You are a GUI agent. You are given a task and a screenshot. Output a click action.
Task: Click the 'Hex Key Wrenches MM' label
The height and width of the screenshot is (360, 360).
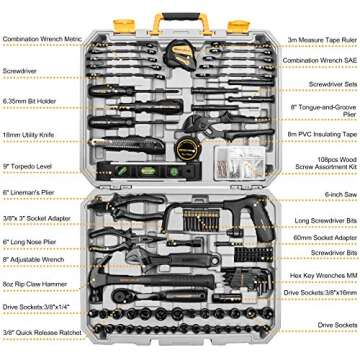316,301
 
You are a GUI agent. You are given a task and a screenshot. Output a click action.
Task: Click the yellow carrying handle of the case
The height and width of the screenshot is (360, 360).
179,21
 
